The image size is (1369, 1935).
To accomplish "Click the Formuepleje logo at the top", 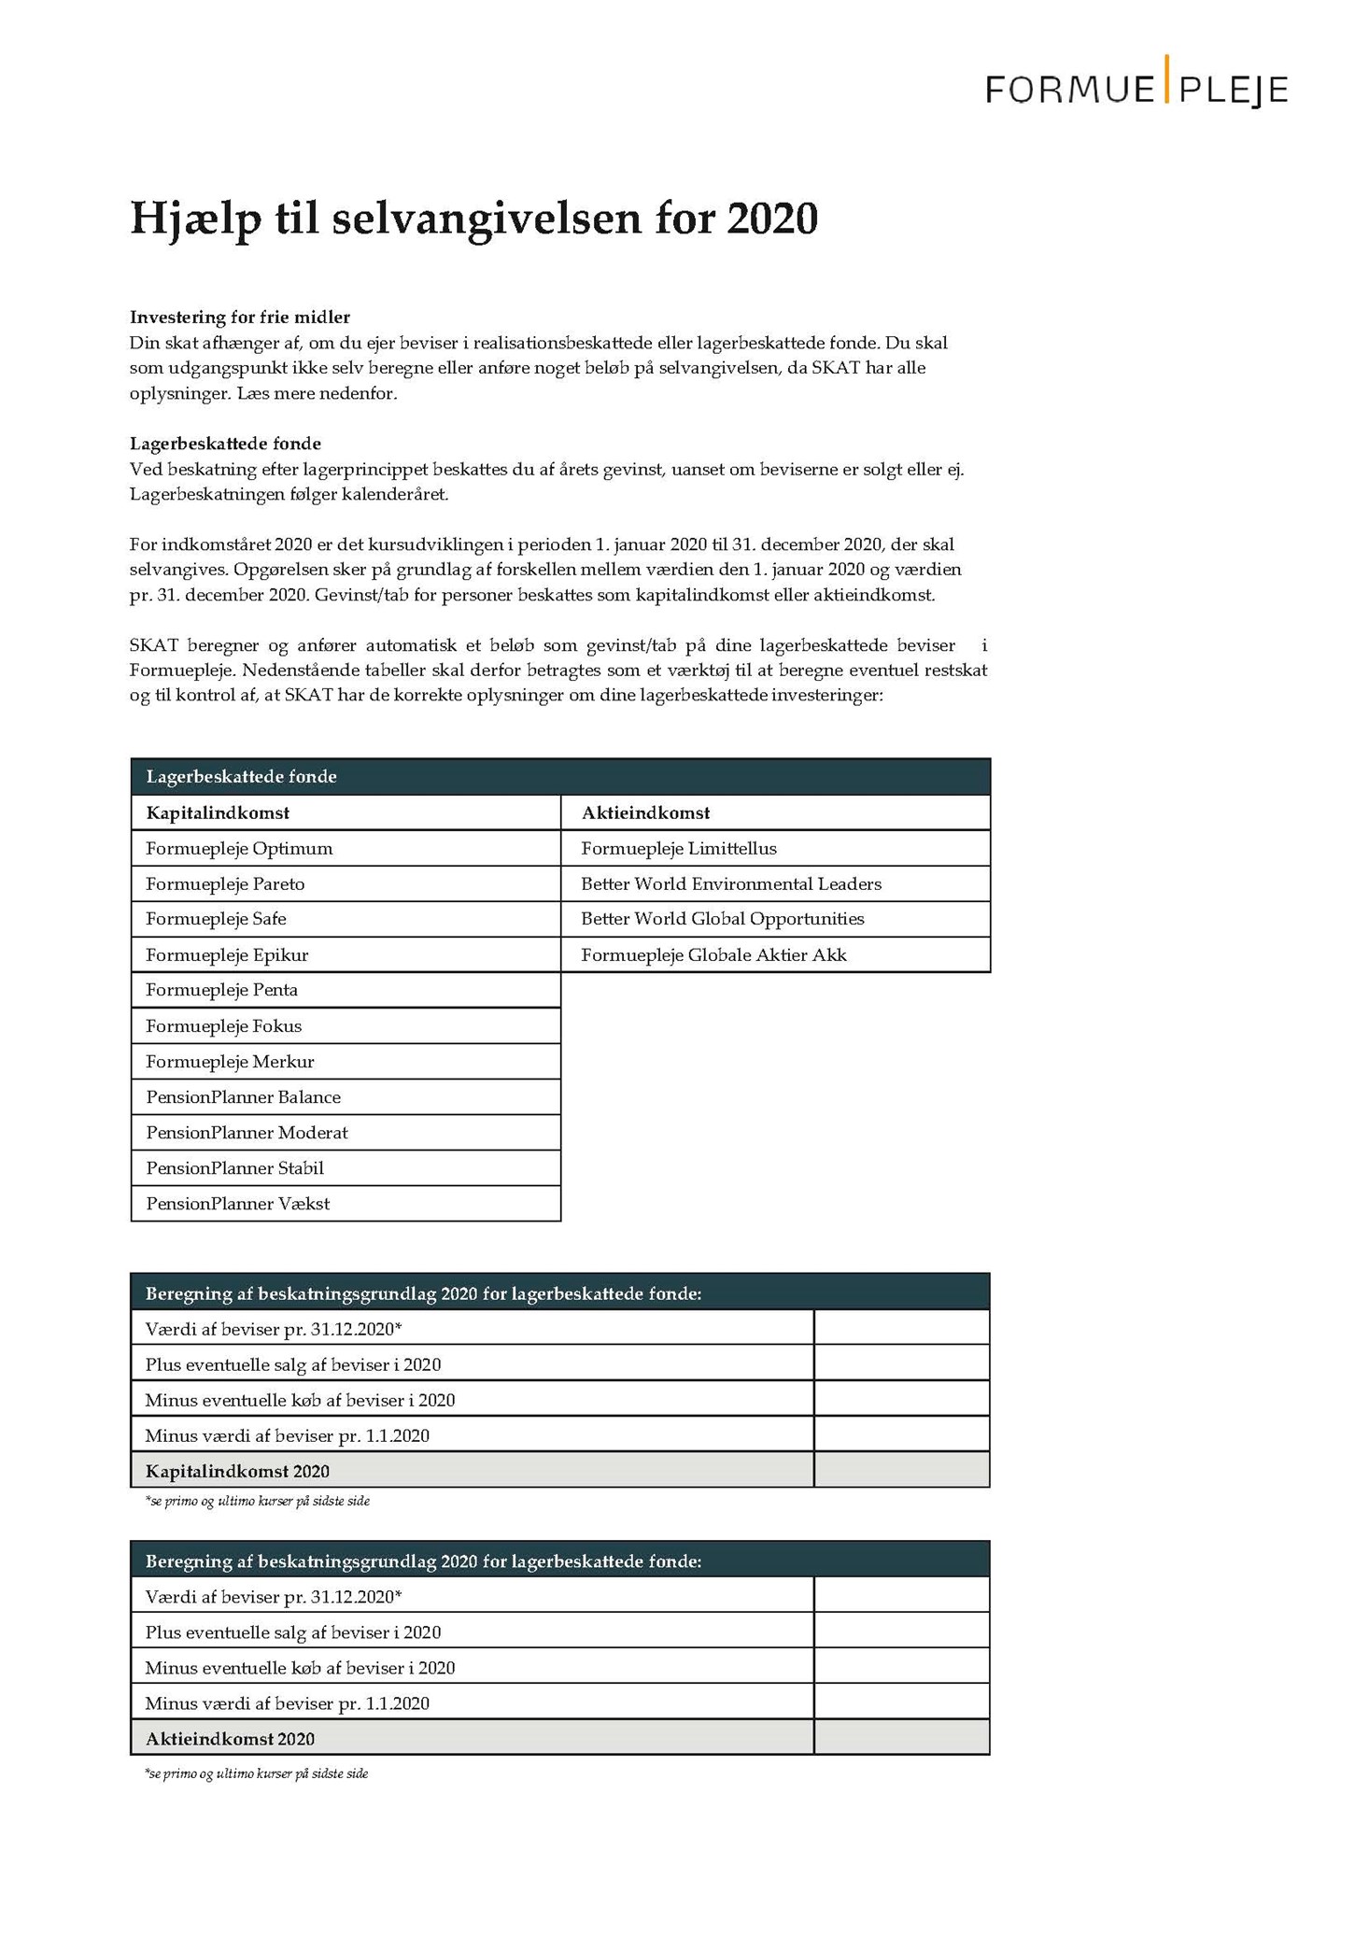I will pos(1136,87).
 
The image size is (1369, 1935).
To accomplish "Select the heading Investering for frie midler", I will pos(239,318).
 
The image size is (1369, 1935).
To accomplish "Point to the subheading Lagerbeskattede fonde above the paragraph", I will pos(225,444).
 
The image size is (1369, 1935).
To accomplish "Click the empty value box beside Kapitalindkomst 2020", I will pos(901,1471).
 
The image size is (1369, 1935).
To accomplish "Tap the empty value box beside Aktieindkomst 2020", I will pos(901,1739).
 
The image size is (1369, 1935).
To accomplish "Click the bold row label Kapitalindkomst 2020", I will pos(237,1472).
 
